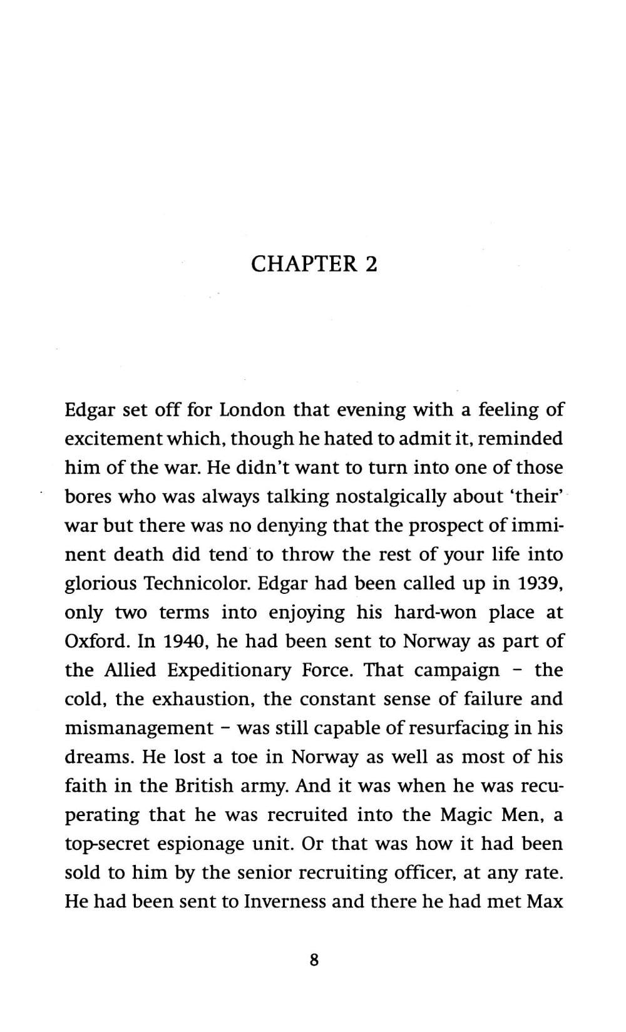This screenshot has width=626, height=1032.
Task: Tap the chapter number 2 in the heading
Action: click(371, 264)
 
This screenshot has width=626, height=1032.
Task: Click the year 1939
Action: click(538, 583)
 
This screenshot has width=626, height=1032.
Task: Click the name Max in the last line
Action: click(546, 902)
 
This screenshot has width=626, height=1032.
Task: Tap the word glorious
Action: click(100, 583)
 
